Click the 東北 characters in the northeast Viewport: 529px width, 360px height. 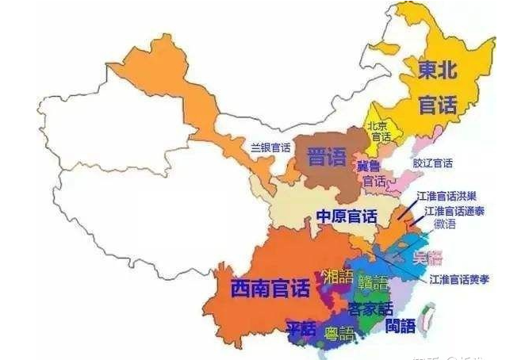coord(439,71)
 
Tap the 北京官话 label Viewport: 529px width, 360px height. coord(378,132)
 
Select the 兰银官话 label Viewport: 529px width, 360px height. coord(270,147)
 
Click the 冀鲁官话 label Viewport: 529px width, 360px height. coord(372,174)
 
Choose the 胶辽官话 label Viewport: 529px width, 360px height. coord(432,163)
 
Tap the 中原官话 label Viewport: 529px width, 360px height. coord(347,216)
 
